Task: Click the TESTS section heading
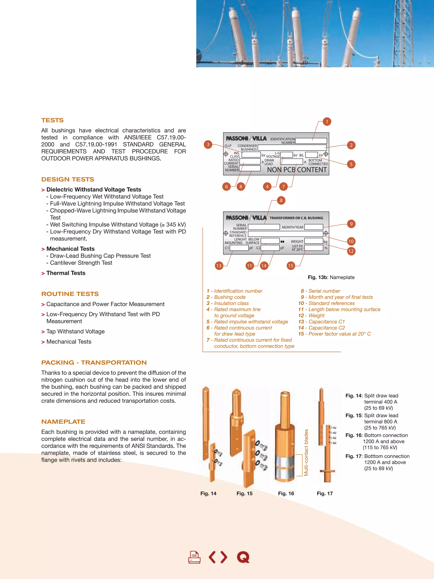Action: click(x=52, y=120)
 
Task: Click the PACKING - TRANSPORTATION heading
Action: click(x=94, y=363)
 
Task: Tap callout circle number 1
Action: click(x=327, y=121)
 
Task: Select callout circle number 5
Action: click(x=351, y=164)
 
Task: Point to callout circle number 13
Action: click(x=219, y=266)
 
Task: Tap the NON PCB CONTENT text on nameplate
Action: click(x=297, y=170)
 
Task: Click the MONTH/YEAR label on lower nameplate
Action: click(x=292, y=227)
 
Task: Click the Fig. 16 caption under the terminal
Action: click(x=286, y=493)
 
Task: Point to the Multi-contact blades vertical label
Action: click(x=306, y=452)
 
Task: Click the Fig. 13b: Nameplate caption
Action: click(x=331, y=277)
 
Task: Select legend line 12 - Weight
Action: click(x=311, y=315)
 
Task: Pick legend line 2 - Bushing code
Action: click(x=226, y=297)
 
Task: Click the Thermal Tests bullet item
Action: click(x=66, y=273)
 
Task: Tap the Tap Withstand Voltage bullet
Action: click(x=75, y=331)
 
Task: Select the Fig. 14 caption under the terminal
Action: click(x=208, y=493)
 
